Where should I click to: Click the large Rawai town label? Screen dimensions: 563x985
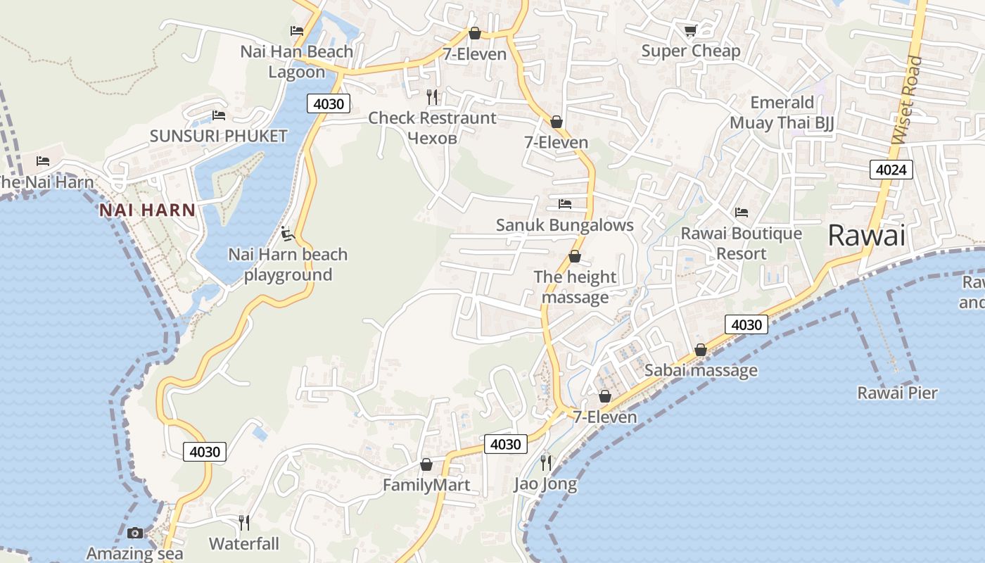click(866, 236)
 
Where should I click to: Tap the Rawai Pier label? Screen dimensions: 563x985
click(897, 393)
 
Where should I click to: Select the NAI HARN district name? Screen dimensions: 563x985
click(147, 210)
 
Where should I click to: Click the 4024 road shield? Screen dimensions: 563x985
click(891, 169)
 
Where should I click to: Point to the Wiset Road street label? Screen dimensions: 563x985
click(907, 100)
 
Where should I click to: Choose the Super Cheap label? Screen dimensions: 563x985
click(690, 51)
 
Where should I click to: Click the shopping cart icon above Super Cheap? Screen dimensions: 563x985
click(690, 30)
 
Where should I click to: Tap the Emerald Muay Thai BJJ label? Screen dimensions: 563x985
click(782, 113)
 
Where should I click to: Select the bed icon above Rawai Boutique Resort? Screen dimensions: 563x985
click(742, 213)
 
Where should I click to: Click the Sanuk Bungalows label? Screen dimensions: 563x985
click(564, 225)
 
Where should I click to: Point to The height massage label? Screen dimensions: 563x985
click(575, 287)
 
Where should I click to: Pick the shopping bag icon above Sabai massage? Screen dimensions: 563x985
click(701, 350)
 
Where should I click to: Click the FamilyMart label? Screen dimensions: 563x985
click(426, 485)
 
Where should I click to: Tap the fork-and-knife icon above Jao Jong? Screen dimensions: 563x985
click(545, 462)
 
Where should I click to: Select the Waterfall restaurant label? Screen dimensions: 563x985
click(243, 544)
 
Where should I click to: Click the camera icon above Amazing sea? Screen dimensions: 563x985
click(135, 533)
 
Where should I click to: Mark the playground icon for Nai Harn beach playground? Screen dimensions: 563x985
click(286, 233)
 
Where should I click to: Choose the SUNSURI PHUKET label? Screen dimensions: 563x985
click(218, 136)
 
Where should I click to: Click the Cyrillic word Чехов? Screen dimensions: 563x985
click(432, 138)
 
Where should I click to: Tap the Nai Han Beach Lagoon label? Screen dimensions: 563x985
click(296, 62)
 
